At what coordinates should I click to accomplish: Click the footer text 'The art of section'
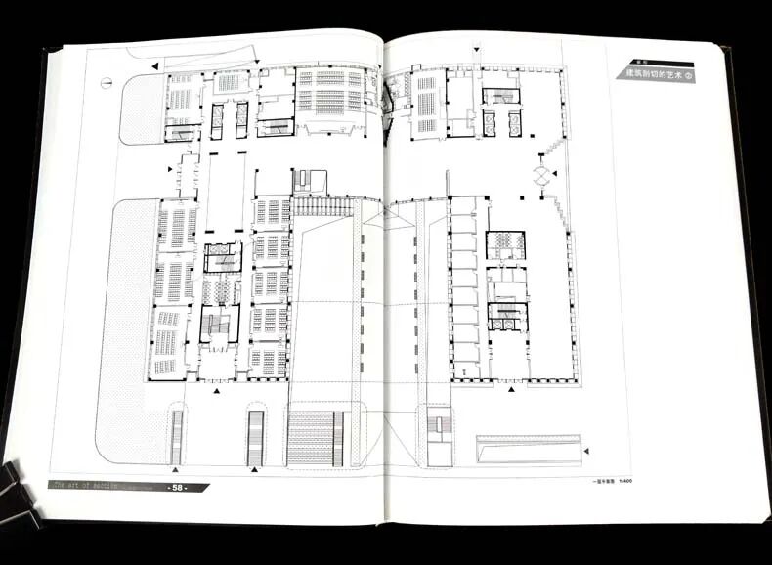coord(86,483)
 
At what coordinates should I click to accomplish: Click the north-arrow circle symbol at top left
coord(105,83)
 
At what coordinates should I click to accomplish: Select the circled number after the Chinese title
coord(688,75)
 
